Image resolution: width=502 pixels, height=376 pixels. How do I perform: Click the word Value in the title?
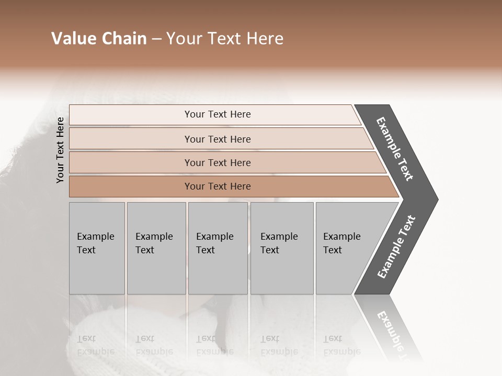(72, 39)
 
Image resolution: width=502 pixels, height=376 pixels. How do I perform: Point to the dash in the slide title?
(156, 39)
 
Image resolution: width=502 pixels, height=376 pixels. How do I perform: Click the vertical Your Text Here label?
(60, 150)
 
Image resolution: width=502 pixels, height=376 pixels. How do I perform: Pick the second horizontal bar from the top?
(217, 139)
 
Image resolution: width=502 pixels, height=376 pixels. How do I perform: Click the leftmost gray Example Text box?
(97, 248)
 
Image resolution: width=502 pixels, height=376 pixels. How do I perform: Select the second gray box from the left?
(156, 248)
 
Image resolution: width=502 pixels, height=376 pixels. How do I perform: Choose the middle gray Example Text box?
(218, 248)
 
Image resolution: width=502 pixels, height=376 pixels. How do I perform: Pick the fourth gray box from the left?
(282, 248)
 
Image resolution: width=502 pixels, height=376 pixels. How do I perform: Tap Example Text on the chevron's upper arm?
(395, 149)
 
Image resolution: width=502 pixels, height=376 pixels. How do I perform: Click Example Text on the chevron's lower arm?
(396, 247)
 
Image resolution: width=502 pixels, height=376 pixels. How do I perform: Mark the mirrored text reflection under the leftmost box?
(96, 345)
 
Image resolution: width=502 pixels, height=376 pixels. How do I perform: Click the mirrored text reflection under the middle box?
(215, 345)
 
